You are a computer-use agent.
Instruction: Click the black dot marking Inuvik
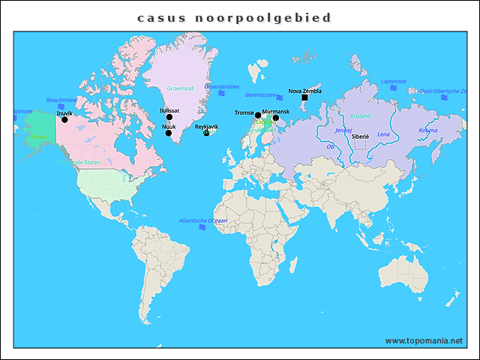64,120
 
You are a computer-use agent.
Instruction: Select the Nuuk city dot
168,133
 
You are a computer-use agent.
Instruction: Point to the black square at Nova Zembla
304,98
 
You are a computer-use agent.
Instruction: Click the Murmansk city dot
275,118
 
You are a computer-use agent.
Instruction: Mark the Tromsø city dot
258,115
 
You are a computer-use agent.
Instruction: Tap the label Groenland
180,88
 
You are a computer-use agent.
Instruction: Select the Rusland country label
360,116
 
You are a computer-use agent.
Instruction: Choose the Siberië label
361,137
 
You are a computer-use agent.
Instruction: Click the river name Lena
383,134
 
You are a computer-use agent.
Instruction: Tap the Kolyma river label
427,130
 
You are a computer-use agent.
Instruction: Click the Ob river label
330,146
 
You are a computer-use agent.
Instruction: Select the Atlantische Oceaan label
202,220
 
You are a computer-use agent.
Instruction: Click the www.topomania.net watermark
424,340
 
